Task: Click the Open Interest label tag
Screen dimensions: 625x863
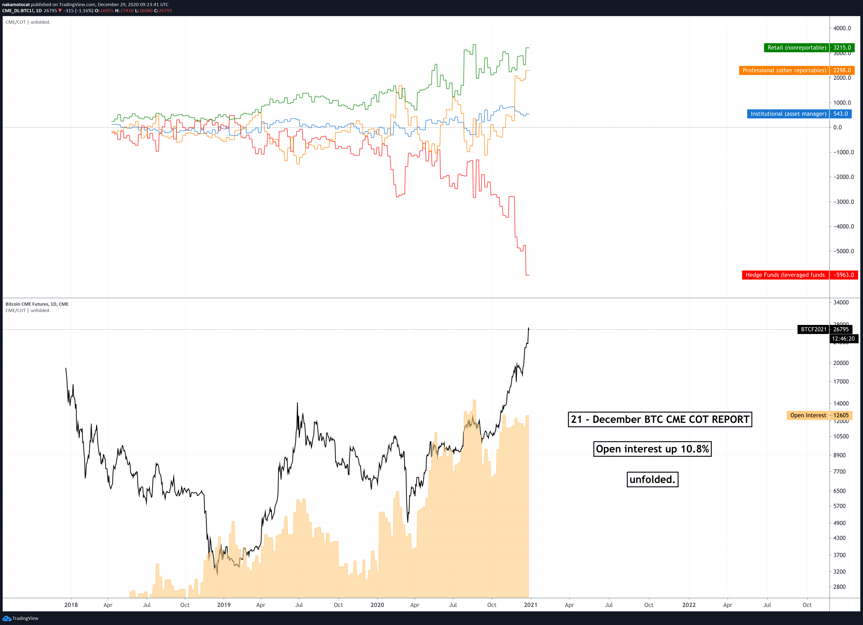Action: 808,415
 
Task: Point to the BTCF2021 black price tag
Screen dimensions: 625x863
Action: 813,329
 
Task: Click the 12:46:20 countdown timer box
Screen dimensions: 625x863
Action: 843,339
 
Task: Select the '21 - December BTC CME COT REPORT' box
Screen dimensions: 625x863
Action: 660,419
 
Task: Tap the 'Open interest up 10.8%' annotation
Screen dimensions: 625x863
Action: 652,449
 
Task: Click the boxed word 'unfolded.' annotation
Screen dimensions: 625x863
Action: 652,479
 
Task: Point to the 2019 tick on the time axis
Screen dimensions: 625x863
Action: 224,605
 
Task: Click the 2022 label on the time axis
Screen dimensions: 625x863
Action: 689,605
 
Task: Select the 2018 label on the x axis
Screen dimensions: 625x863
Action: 71,605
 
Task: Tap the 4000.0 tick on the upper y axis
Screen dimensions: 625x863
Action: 842,28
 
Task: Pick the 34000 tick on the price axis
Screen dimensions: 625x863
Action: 841,302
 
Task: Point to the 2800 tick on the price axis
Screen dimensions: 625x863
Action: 839,587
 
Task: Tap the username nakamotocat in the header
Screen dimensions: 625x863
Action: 16,5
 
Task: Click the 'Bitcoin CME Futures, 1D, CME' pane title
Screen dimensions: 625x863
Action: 37,304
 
